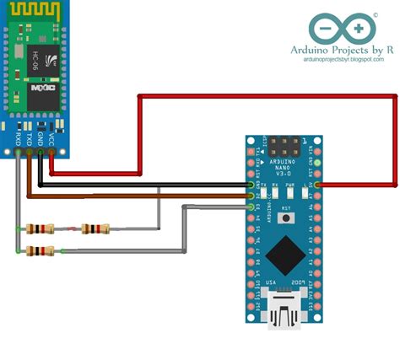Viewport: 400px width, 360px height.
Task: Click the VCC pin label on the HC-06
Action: click(x=51, y=137)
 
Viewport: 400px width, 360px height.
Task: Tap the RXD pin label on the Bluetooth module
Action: click(x=18, y=137)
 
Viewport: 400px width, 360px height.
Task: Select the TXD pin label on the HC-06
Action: click(x=29, y=137)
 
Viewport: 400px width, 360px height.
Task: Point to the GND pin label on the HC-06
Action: click(x=40, y=137)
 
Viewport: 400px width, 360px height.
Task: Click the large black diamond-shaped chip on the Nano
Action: click(x=284, y=250)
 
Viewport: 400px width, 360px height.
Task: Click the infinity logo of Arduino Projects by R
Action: click(x=342, y=29)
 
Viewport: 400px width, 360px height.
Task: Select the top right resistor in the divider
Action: click(x=95, y=228)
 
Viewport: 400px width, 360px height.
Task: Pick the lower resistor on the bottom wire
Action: click(x=41, y=250)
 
